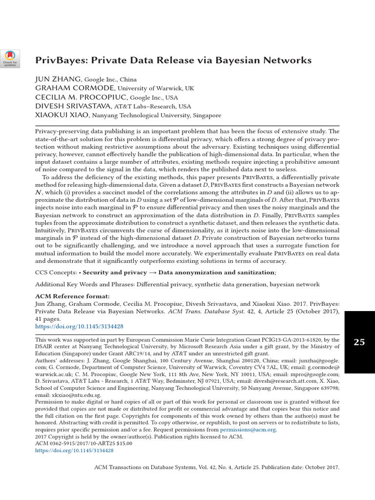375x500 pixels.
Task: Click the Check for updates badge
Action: click(x=10, y=59)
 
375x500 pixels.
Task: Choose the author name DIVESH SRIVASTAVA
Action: click(x=73, y=106)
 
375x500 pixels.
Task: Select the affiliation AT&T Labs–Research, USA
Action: click(x=152, y=106)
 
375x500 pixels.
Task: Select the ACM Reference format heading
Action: click(x=72, y=296)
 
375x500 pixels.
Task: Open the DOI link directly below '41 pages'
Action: click(x=79, y=326)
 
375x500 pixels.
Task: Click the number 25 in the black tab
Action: click(x=359, y=342)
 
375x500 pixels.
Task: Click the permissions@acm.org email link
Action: click(x=248, y=430)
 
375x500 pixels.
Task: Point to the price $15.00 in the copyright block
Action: click(x=127, y=444)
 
